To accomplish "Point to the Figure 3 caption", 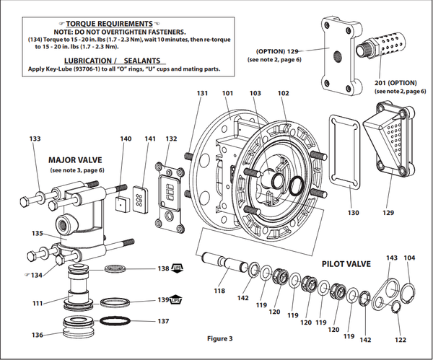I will click(221, 338).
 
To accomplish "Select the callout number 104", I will click(409, 258).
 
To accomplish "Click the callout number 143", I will click(392, 258).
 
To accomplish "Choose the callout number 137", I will click(163, 321).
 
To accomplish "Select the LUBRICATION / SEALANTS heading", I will click(121, 60).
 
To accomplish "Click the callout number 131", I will click(203, 93).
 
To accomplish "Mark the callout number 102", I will click(283, 93).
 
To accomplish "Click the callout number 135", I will click(37, 233).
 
